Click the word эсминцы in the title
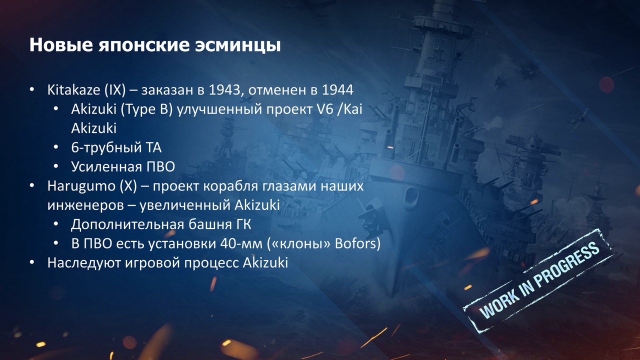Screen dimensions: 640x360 pyautogui.click(x=237, y=45)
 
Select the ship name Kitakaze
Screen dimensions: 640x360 pyautogui.click(x=73, y=89)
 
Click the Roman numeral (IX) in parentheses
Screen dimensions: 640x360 pyautogui.click(x=115, y=90)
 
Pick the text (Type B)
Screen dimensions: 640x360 pyautogui.click(x=147, y=109)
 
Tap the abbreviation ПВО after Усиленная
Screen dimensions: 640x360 pyautogui.click(x=160, y=166)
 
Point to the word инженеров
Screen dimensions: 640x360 pyautogui.click(x=85, y=205)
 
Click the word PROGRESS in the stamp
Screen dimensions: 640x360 pyautogui.click(x=567, y=267)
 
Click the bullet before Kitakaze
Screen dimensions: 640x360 pyautogui.click(x=31, y=89)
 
